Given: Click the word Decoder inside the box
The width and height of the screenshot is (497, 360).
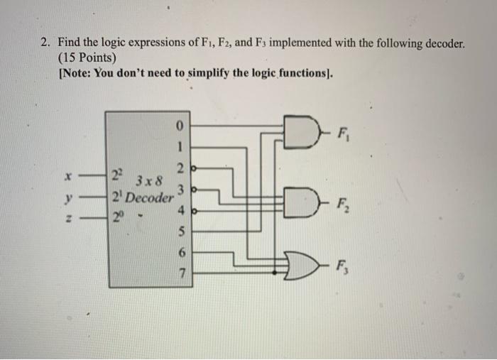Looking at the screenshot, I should click(x=148, y=198).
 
